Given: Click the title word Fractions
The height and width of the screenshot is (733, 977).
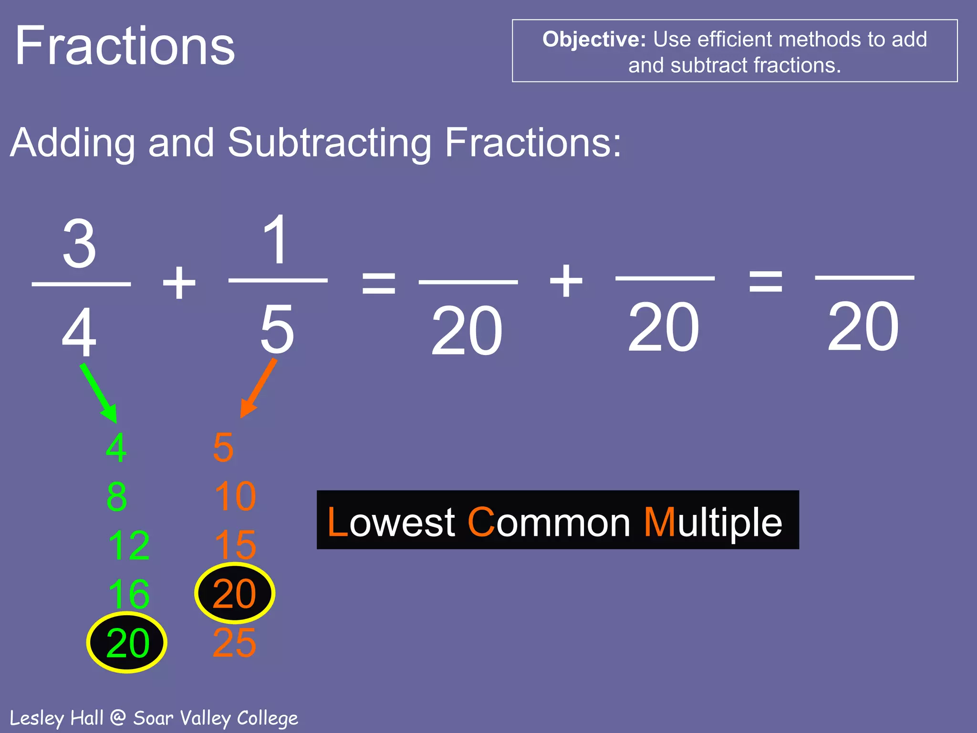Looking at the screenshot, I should (x=125, y=46).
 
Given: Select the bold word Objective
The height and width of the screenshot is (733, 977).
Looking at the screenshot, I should (x=593, y=40).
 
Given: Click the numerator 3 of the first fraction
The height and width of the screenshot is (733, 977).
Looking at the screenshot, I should (x=80, y=244).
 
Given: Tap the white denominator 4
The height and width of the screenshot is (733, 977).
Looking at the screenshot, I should (x=79, y=332).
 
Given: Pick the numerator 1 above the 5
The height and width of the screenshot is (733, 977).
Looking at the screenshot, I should (x=276, y=240).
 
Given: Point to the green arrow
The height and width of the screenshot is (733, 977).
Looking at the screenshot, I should (x=99, y=393).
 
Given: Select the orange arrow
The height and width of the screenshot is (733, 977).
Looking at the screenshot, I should (x=258, y=388).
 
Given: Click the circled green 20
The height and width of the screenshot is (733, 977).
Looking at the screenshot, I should (x=127, y=643).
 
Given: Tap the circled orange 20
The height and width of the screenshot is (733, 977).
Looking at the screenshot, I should (x=234, y=593).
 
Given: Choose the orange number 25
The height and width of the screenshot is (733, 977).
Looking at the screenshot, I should (x=234, y=643).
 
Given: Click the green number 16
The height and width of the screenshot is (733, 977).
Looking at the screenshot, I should (x=129, y=594).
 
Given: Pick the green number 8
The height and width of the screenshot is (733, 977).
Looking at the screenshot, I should (x=117, y=497).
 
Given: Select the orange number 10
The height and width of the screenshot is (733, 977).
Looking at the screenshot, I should (x=235, y=497).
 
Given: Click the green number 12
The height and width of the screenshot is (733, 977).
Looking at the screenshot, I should (x=129, y=545).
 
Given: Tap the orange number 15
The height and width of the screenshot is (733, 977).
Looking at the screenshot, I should (x=235, y=545).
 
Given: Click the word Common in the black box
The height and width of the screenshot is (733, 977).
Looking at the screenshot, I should (x=549, y=523).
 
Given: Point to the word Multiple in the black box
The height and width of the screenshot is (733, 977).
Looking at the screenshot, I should (x=713, y=523).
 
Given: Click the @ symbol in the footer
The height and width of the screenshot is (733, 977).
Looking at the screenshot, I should (x=118, y=717).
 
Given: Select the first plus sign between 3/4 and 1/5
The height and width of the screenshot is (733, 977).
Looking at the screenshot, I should (x=179, y=283).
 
